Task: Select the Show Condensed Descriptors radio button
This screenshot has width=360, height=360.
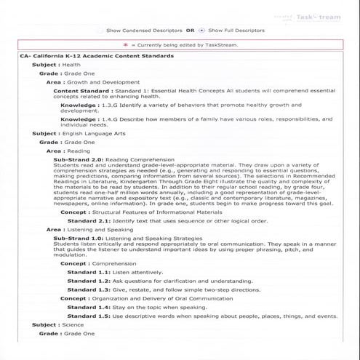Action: pyautogui.click(x=100, y=31)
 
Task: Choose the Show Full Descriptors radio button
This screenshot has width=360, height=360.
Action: pyautogui.click(x=201, y=31)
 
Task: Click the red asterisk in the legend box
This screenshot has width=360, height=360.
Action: pyautogui.click(x=126, y=44)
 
